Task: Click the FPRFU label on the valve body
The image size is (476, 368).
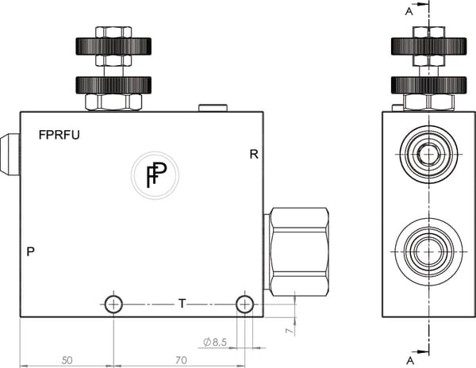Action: pos(59,135)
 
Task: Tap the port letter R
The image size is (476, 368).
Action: pos(254,154)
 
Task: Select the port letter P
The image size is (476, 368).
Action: pos(30,252)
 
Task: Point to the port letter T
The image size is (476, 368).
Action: pos(182,303)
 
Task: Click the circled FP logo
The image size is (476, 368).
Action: pos(155,174)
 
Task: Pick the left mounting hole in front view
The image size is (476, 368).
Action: pos(113,304)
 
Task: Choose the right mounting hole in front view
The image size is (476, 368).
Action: pos(245,304)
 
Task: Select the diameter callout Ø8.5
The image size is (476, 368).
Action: pos(216,342)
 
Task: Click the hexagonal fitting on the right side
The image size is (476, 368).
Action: pos(298,250)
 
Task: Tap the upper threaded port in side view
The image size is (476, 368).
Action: pos(428,155)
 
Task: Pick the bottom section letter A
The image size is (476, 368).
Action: pos(409,359)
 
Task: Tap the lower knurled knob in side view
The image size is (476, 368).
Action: pos(428,84)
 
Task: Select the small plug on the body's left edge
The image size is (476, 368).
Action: pos(10,154)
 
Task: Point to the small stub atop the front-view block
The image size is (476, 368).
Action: pos(212,107)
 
